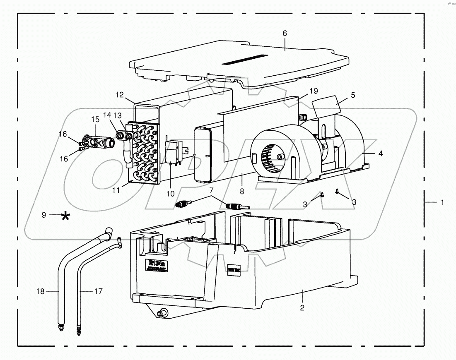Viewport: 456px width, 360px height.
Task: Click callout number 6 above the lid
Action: point(285,33)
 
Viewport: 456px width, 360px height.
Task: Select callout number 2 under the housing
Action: point(302,307)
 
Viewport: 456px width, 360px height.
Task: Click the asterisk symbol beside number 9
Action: point(65,216)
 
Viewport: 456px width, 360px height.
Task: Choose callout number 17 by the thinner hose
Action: point(98,291)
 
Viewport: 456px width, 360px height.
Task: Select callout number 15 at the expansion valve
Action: point(96,119)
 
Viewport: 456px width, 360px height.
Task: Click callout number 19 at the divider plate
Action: point(313,90)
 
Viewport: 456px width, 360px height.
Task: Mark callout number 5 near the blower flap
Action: point(353,94)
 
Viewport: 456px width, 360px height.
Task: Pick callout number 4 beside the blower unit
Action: point(380,153)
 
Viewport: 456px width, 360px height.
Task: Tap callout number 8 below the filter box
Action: point(242,192)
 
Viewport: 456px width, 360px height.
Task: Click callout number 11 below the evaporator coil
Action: point(116,190)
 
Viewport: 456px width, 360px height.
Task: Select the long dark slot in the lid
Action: point(245,59)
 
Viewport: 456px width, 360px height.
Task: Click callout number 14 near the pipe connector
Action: point(107,115)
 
